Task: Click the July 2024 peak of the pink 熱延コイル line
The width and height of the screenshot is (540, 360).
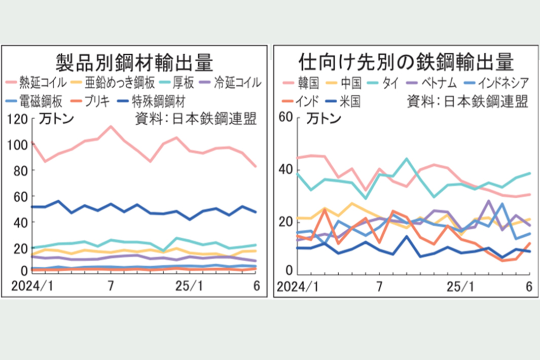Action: pos(111,127)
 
